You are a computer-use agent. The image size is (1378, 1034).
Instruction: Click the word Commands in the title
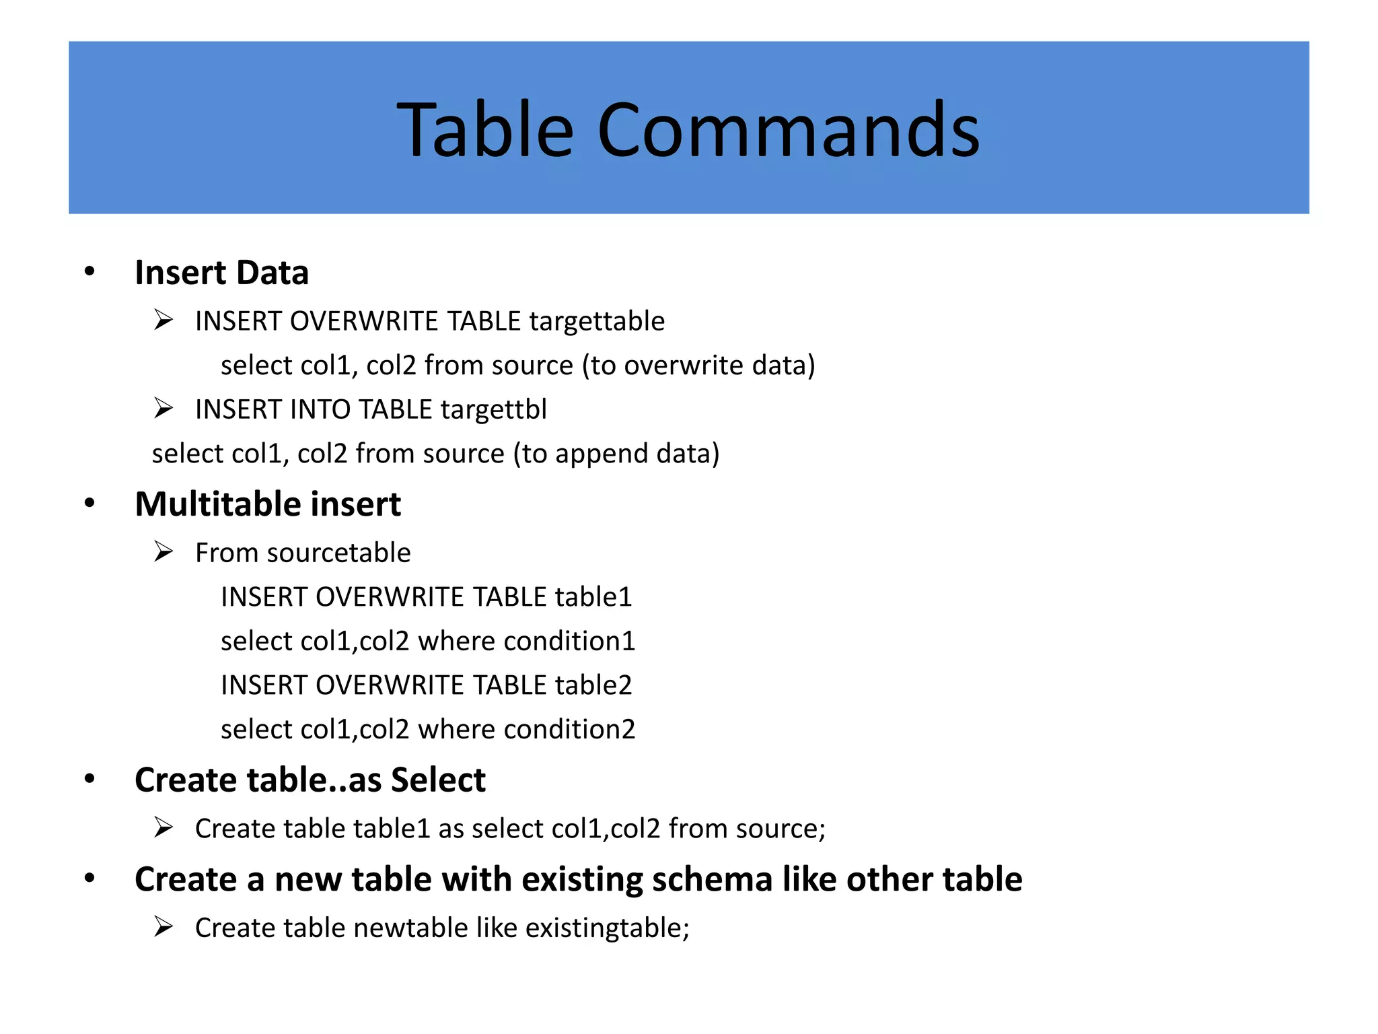coord(788,129)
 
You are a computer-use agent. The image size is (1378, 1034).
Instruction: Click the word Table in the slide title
coord(485,129)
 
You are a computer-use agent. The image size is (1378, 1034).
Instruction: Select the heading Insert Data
coord(221,273)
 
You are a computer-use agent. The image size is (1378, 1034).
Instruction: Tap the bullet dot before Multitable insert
coord(89,504)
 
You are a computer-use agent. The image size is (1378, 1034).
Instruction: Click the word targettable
coord(597,321)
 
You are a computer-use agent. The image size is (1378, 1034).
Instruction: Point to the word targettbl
coord(493,409)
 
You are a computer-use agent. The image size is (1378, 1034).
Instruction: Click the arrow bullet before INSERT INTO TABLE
coord(164,408)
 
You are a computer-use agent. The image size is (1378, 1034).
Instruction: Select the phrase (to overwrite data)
coord(698,366)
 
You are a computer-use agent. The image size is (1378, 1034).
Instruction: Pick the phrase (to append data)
coord(616,454)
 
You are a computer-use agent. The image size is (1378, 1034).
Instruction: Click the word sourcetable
coord(338,553)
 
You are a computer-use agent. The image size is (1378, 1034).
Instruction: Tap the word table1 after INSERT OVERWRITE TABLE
coord(593,597)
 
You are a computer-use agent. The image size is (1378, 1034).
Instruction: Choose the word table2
coord(593,685)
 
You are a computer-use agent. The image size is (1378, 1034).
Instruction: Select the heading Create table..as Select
coord(310,780)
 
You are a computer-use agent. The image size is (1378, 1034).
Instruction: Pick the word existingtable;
coord(607,928)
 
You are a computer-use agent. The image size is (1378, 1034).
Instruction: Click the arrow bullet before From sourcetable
coord(164,551)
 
